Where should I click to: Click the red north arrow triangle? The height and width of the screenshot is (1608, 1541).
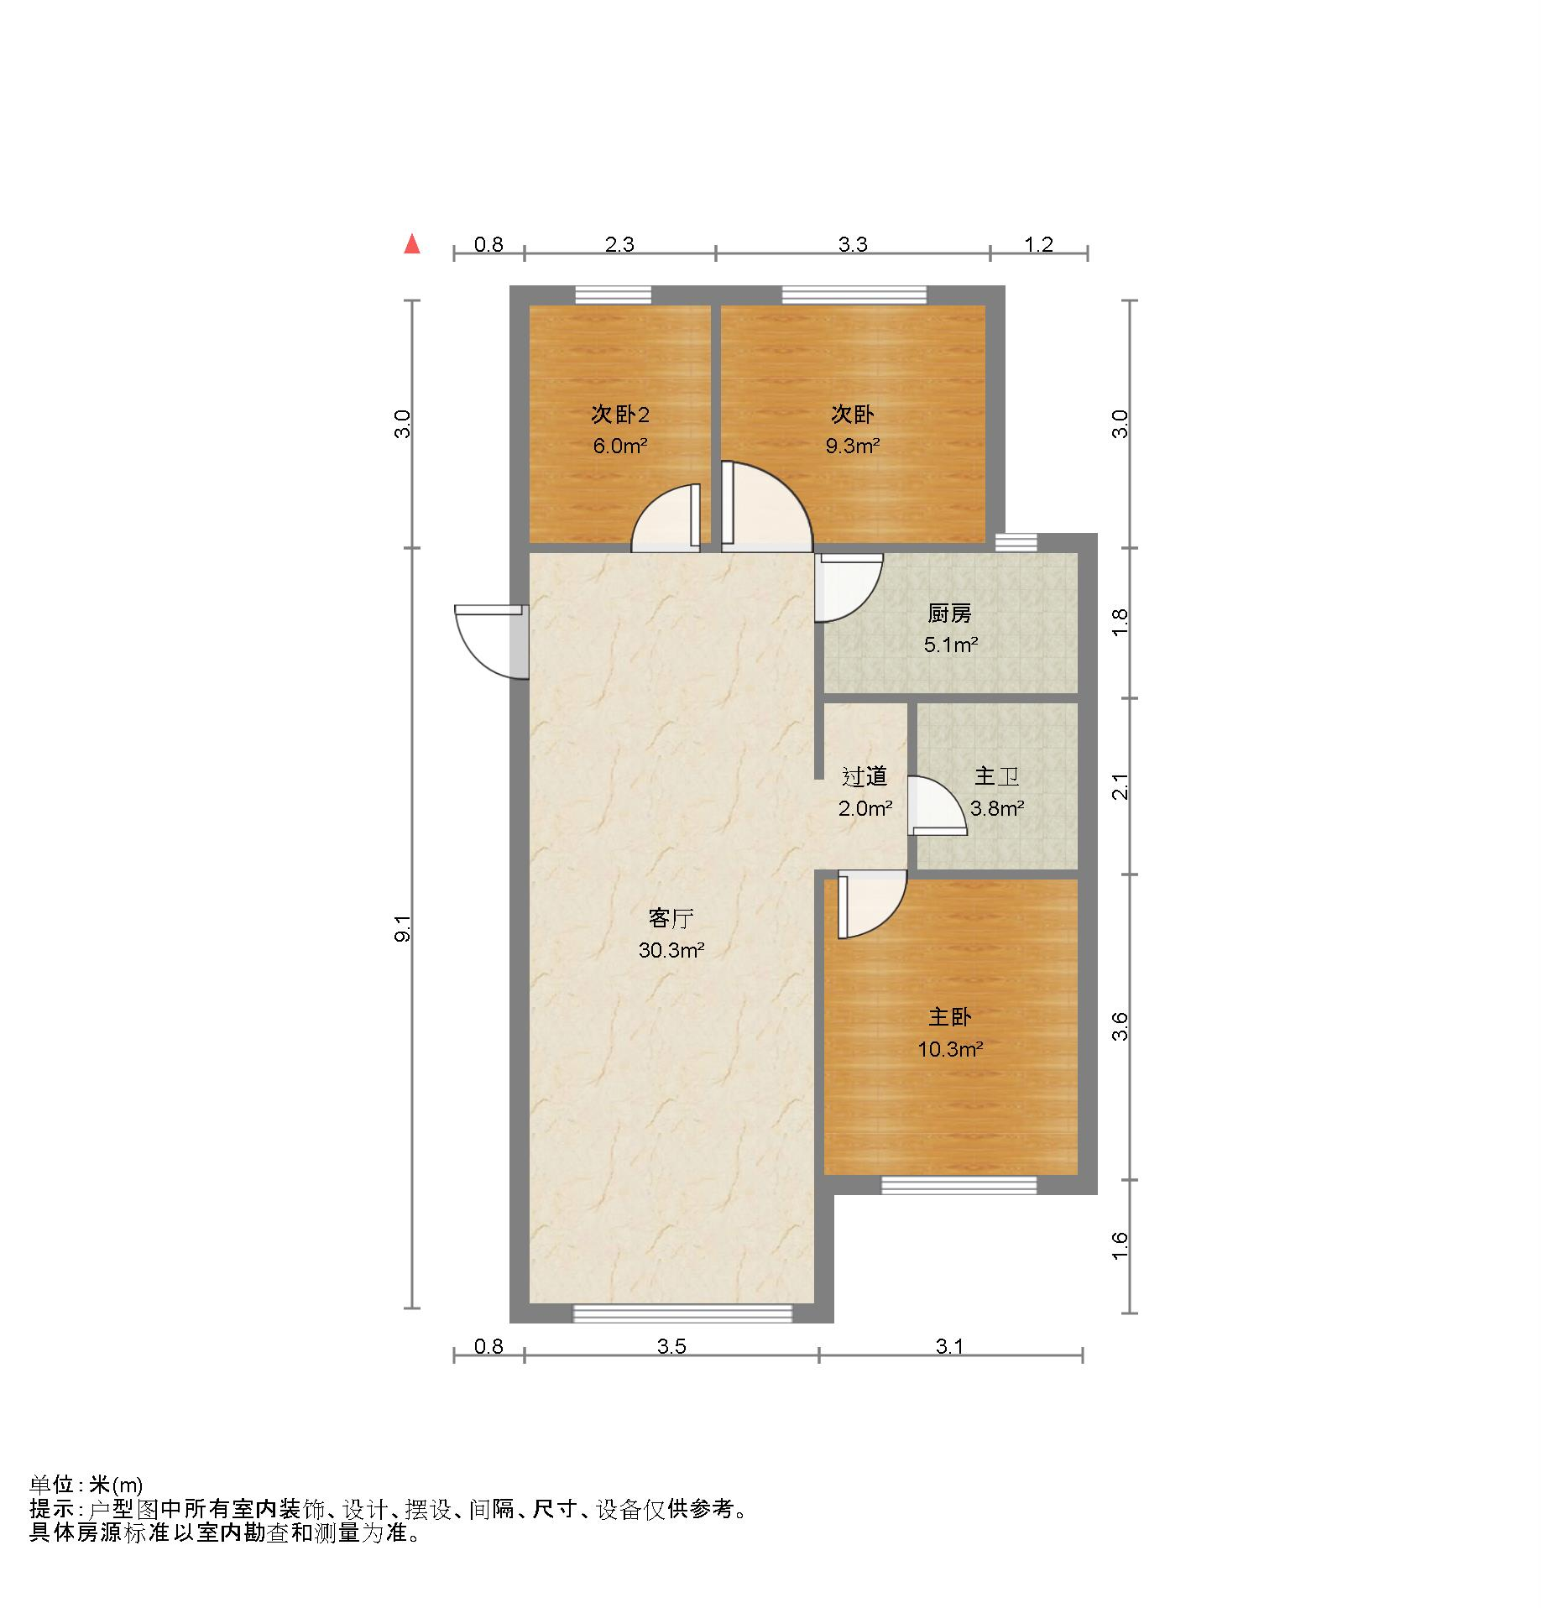411,244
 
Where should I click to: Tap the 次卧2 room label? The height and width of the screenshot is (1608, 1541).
619,415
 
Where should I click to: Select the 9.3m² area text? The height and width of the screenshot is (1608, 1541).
852,446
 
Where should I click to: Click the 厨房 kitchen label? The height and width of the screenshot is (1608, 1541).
949,613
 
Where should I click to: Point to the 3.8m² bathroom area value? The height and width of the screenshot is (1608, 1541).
996,809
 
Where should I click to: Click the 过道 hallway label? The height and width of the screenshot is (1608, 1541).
865,777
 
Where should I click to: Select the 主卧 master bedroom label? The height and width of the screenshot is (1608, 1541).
949,1017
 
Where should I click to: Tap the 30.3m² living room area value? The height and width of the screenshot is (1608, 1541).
671,951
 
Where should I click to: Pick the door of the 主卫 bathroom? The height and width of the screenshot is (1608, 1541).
934,806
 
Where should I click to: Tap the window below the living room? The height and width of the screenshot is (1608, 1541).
682,1313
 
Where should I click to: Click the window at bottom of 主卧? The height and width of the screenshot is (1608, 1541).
959,1185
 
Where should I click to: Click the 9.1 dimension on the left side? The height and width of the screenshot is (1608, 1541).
404,928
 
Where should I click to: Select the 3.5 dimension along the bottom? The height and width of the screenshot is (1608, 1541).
671,1347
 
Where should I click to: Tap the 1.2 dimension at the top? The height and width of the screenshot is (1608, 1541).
1038,244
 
